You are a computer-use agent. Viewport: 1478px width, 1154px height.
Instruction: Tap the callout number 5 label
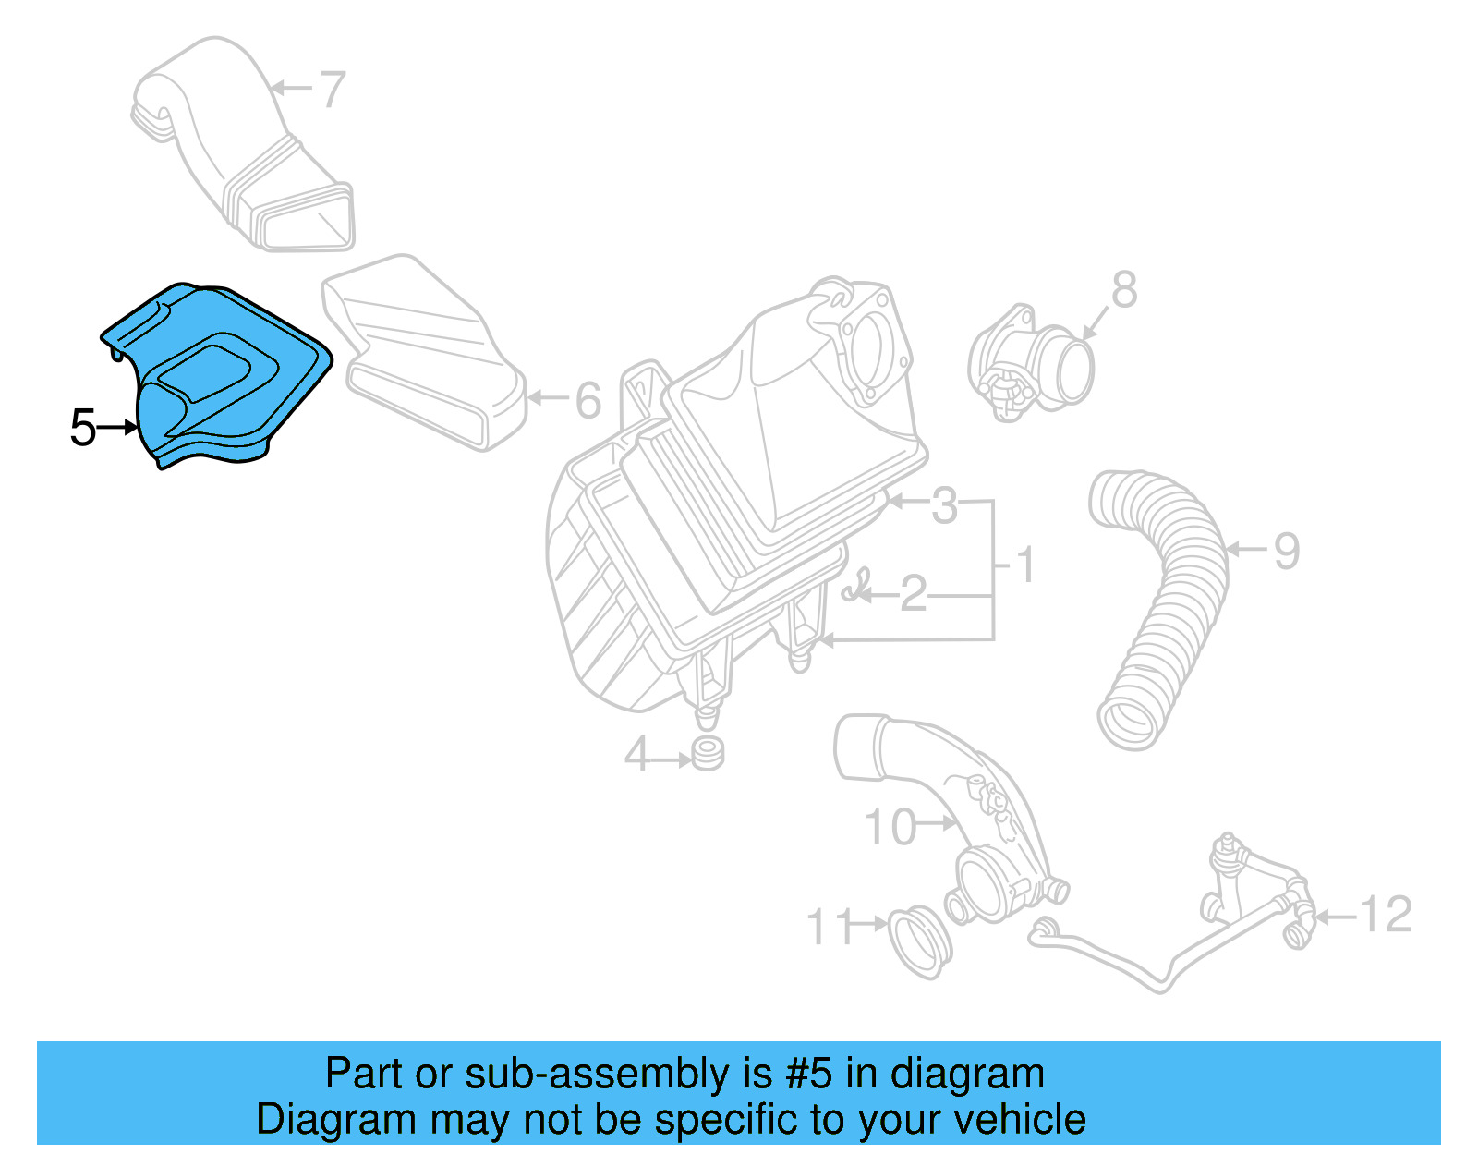point(83,428)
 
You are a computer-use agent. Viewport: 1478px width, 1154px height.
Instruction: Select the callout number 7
point(332,90)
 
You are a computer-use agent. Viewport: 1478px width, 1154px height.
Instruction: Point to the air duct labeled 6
point(425,360)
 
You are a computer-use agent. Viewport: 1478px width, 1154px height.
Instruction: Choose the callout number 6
point(588,400)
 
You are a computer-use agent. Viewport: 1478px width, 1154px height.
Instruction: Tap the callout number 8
point(1123,290)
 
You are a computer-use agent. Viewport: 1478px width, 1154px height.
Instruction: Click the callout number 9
point(1287,551)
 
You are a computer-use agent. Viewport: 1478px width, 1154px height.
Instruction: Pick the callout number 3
point(944,505)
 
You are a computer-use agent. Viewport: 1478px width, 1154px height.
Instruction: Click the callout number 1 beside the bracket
point(1025,565)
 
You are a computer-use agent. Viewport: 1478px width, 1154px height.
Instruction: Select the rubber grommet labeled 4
point(709,753)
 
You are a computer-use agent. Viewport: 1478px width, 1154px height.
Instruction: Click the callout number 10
point(890,827)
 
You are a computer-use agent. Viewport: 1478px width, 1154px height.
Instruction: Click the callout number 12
point(1386,915)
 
